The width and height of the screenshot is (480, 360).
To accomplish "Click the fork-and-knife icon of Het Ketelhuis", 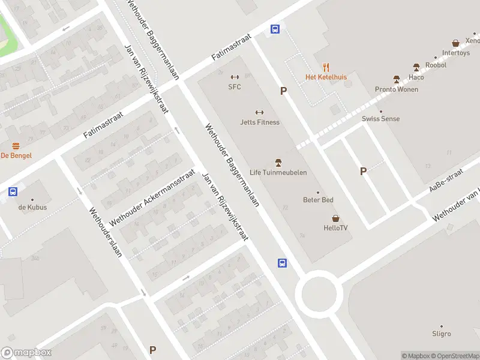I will (x=326, y=67).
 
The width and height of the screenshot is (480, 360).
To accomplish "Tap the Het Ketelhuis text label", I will (x=326, y=77).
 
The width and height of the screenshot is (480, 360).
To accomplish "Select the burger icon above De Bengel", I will (x=16, y=146).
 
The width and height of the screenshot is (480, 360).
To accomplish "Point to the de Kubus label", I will (x=32, y=208).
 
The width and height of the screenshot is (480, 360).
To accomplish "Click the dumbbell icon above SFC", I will (x=235, y=77).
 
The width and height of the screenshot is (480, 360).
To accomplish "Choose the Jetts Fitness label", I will (x=260, y=122).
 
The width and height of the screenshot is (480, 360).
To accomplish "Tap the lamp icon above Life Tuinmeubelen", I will (x=278, y=163).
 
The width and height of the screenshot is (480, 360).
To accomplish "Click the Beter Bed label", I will (x=319, y=200).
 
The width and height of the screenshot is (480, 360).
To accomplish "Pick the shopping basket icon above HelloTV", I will (x=335, y=218).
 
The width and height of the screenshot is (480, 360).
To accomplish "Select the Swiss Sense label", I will (x=380, y=119).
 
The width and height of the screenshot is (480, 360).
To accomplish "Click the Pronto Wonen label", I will (x=397, y=89).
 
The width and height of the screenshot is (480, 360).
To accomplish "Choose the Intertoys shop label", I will (x=456, y=53).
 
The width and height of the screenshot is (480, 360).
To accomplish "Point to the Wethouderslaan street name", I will (x=106, y=232).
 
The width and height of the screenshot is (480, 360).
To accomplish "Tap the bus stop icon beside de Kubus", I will (x=13, y=192).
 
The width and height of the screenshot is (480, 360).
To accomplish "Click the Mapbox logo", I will (x=26, y=353).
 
